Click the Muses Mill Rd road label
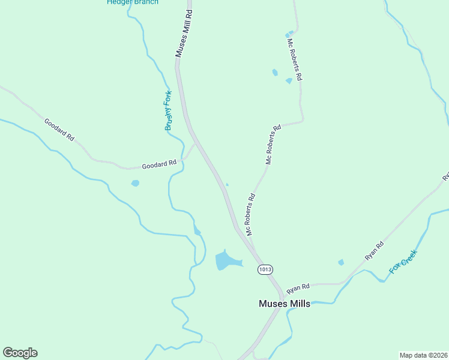click(183, 34)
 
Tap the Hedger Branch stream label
click(133, 2)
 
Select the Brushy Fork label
click(169, 110)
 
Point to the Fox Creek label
click(403, 262)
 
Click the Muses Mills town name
click(285, 304)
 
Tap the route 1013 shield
click(265, 269)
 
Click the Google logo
click(20, 352)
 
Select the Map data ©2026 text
click(424, 355)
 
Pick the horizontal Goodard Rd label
click(159, 164)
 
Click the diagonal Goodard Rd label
click(59, 130)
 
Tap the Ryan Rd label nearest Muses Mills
click(298, 289)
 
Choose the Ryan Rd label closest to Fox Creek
click(374, 250)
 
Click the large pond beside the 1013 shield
click(227, 260)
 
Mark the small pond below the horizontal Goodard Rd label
click(135, 183)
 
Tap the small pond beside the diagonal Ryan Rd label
click(341, 262)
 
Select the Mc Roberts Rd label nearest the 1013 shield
click(250, 214)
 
